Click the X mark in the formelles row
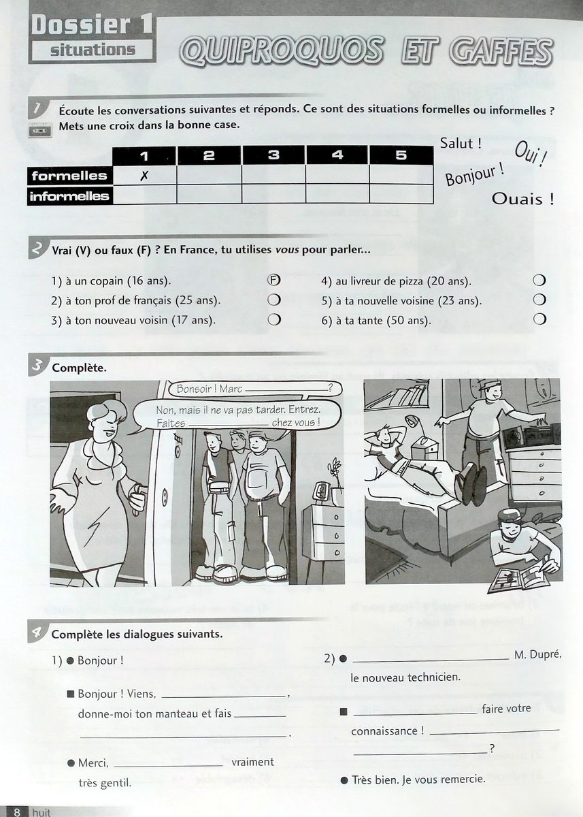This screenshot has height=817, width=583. click(x=144, y=175)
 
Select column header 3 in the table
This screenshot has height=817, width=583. click(x=273, y=155)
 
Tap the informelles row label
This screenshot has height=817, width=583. click(x=69, y=196)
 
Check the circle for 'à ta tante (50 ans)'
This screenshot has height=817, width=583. click(x=539, y=319)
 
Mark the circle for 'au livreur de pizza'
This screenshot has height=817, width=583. click(x=539, y=281)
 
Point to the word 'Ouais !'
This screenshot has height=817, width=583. click(x=522, y=199)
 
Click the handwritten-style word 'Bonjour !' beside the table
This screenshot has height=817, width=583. click(x=475, y=174)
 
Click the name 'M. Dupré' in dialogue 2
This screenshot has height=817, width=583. click(x=537, y=655)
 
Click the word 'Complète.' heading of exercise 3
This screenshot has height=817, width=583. click(x=78, y=368)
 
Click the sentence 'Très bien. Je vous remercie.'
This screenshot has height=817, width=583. click(x=418, y=779)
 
